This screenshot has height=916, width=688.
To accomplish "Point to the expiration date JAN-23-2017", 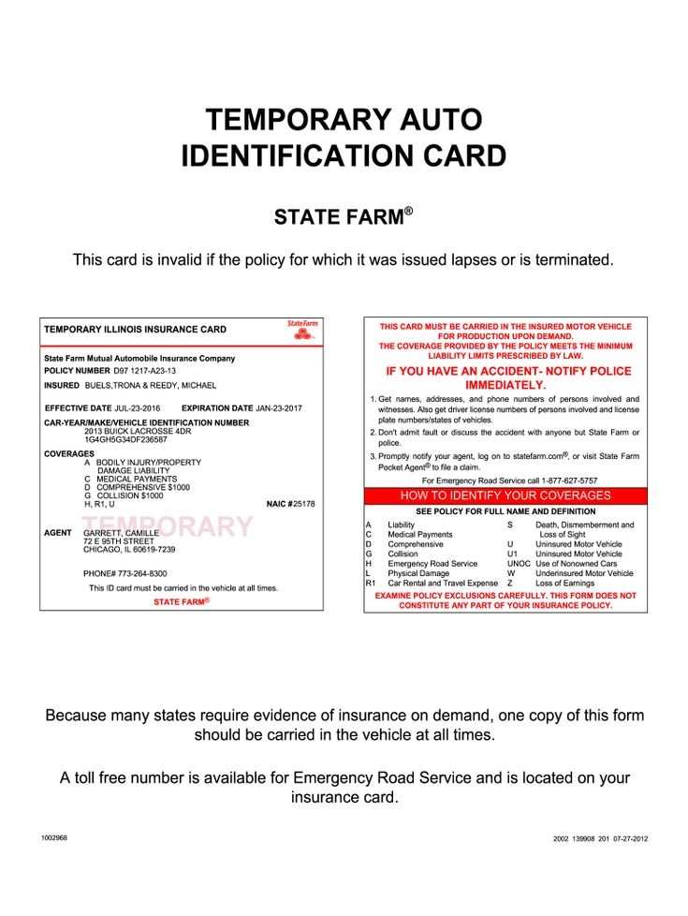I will (279, 408).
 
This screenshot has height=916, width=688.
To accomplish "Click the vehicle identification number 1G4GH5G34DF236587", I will (125, 439).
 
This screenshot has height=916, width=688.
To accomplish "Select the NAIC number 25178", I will (303, 504).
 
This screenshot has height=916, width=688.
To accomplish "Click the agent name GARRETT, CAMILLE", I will (122, 532).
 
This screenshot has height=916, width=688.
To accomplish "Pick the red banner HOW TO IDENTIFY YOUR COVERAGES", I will (505, 495).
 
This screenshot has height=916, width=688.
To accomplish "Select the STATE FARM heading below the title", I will (343, 218).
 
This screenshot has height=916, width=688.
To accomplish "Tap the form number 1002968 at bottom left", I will (54, 837).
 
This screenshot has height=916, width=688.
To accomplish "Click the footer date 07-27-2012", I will (628, 839).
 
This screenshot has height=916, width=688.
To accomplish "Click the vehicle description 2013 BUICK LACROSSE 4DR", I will (137, 431).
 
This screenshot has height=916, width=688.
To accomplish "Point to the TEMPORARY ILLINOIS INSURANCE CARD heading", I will (135, 330).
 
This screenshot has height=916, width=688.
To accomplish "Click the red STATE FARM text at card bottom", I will (181, 601).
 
